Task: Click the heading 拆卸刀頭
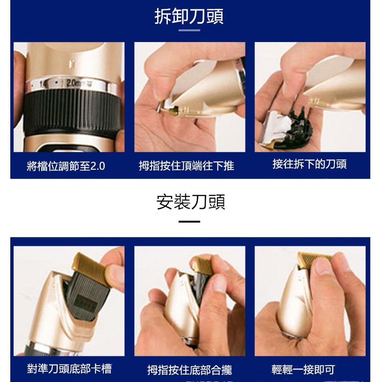pyautogui.click(x=189, y=16)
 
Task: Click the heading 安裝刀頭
pyautogui.click(x=191, y=202)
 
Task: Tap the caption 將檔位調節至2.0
pyautogui.click(x=66, y=166)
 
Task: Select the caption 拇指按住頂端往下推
pyautogui.click(x=187, y=166)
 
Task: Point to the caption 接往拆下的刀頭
pyautogui.click(x=309, y=165)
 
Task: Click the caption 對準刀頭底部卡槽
pyautogui.click(x=69, y=368)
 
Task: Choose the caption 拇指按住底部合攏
pyautogui.click(x=189, y=370)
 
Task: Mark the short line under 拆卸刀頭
pyautogui.click(x=189, y=30)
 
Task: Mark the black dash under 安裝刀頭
pyautogui.click(x=189, y=222)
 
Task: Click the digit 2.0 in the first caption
pyautogui.click(x=97, y=166)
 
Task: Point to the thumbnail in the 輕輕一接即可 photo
pyautogui.click(x=322, y=267)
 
